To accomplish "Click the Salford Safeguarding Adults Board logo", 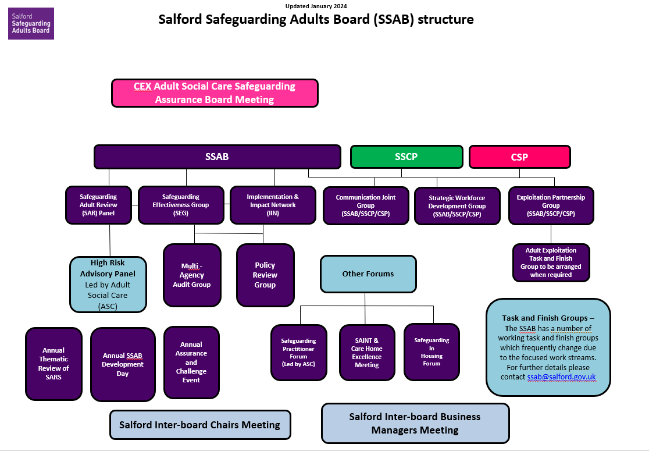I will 31,23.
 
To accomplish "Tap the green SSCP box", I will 406,157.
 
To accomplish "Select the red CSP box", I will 519,157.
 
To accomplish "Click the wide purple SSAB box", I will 217,157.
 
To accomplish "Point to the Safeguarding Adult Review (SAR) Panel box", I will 98,205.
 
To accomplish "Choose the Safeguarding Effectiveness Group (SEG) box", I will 181,205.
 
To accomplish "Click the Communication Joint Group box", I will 366,205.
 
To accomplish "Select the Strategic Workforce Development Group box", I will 457,206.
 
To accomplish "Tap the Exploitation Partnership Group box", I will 551,205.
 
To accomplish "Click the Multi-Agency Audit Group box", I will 192,275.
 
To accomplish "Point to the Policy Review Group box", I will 265,275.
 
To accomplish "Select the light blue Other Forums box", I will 368,274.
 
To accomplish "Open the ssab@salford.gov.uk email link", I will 561,377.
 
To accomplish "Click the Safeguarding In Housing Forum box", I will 432,351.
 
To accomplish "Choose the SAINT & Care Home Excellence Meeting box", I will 367,353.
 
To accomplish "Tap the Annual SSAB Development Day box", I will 123,364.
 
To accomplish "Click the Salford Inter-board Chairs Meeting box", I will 200,425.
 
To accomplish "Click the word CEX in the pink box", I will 142,86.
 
